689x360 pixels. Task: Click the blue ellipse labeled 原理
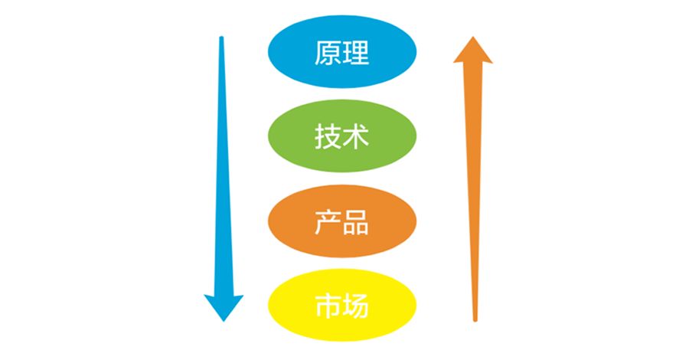click(341, 54)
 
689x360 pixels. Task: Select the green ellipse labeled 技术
click(341, 138)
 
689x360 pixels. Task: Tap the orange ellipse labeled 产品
click(341, 222)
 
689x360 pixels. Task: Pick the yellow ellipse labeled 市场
click(341, 306)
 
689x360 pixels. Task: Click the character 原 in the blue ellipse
click(327, 54)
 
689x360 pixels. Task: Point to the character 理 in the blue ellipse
click(356, 54)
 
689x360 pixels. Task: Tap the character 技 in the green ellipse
click(327, 138)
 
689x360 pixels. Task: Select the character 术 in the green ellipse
click(356, 138)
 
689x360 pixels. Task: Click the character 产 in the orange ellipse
click(327, 222)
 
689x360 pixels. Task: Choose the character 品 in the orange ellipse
click(356, 222)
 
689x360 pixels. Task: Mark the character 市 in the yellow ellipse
click(327, 306)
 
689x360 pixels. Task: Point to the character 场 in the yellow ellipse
click(356, 306)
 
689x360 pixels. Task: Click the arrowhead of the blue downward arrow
click(224, 305)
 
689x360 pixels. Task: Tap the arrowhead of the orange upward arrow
click(473, 52)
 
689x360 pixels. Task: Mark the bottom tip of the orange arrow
click(475, 319)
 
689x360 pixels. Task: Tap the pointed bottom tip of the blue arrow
click(224, 320)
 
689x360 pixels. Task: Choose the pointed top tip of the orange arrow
click(473, 37)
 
